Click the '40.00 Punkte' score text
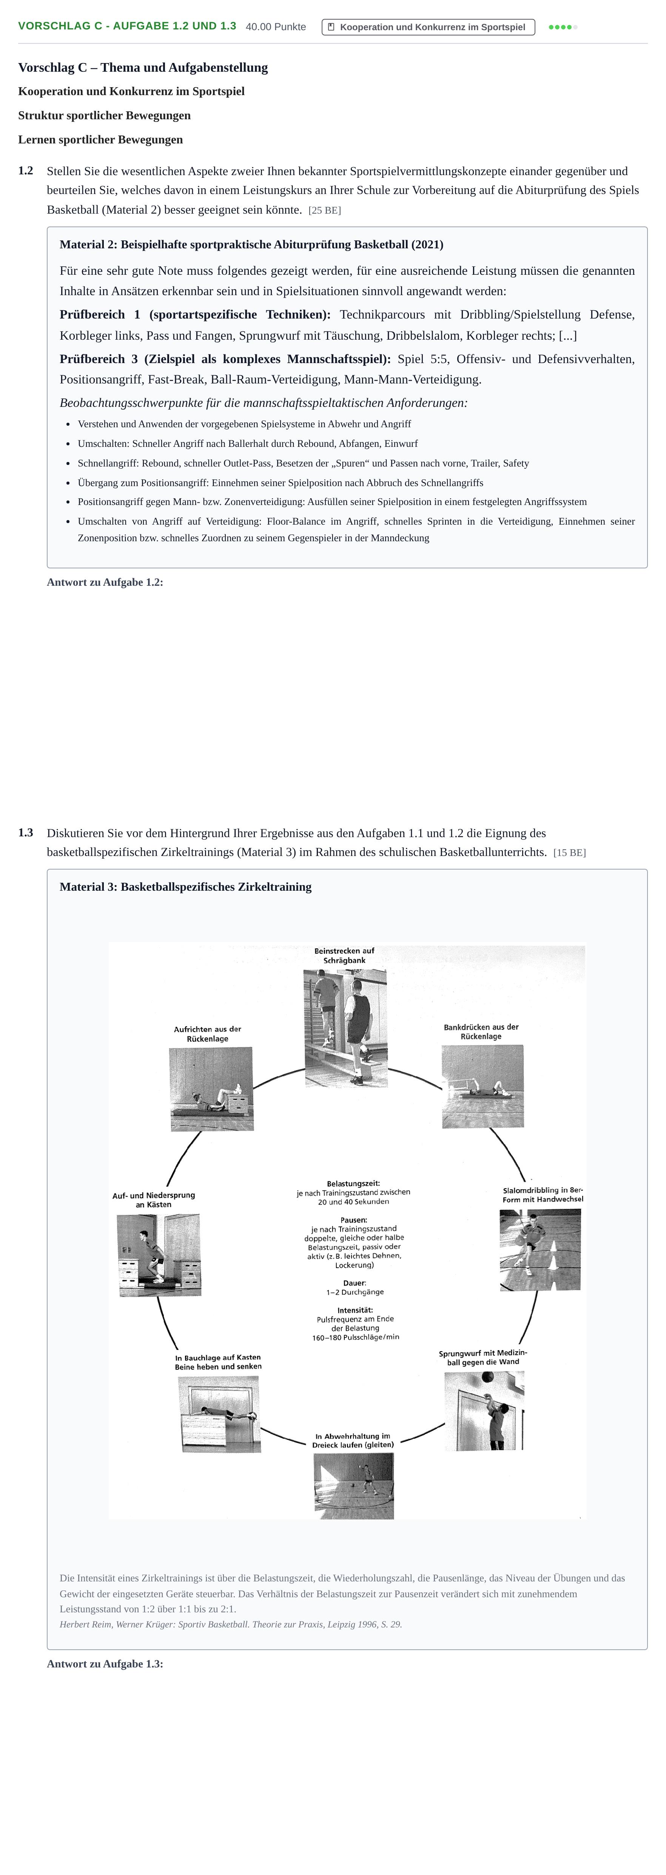point(276,27)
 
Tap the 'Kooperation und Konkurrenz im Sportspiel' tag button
point(428,27)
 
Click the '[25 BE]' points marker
point(325,210)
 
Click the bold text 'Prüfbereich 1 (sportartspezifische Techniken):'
point(195,314)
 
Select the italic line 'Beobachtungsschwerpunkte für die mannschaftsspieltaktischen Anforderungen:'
point(264,402)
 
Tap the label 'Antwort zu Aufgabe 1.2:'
point(105,582)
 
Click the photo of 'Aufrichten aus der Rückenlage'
point(211,1089)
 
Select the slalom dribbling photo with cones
point(540,1250)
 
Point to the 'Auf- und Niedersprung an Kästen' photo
point(159,1255)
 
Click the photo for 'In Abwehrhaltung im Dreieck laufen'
point(354,1486)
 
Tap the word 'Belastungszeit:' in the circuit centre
point(353,1184)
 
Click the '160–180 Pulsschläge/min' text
point(356,1337)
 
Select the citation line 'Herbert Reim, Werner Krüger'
point(231,1624)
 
